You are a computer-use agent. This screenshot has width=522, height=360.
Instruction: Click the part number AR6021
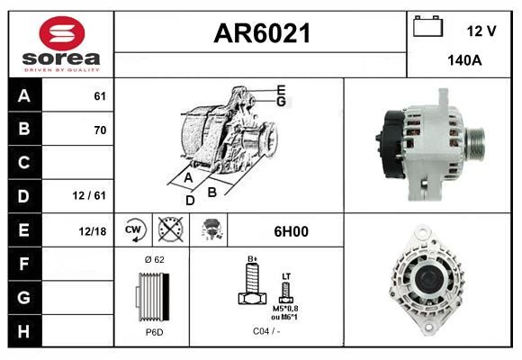click(x=262, y=33)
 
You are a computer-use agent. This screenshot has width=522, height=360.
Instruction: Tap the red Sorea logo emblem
click(x=62, y=33)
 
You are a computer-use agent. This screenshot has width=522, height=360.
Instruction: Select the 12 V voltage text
click(x=481, y=31)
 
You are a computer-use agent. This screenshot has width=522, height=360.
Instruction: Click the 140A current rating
click(x=464, y=60)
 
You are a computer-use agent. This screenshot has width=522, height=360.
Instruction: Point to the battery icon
click(x=428, y=26)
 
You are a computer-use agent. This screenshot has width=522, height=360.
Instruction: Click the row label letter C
click(x=23, y=163)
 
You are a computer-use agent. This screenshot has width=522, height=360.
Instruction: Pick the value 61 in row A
click(x=100, y=96)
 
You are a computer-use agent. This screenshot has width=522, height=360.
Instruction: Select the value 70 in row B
click(x=100, y=130)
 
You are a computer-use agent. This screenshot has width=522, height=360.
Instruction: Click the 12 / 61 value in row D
click(x=89, y=195)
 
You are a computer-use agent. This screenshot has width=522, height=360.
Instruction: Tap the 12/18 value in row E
click(x=93, y=231)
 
